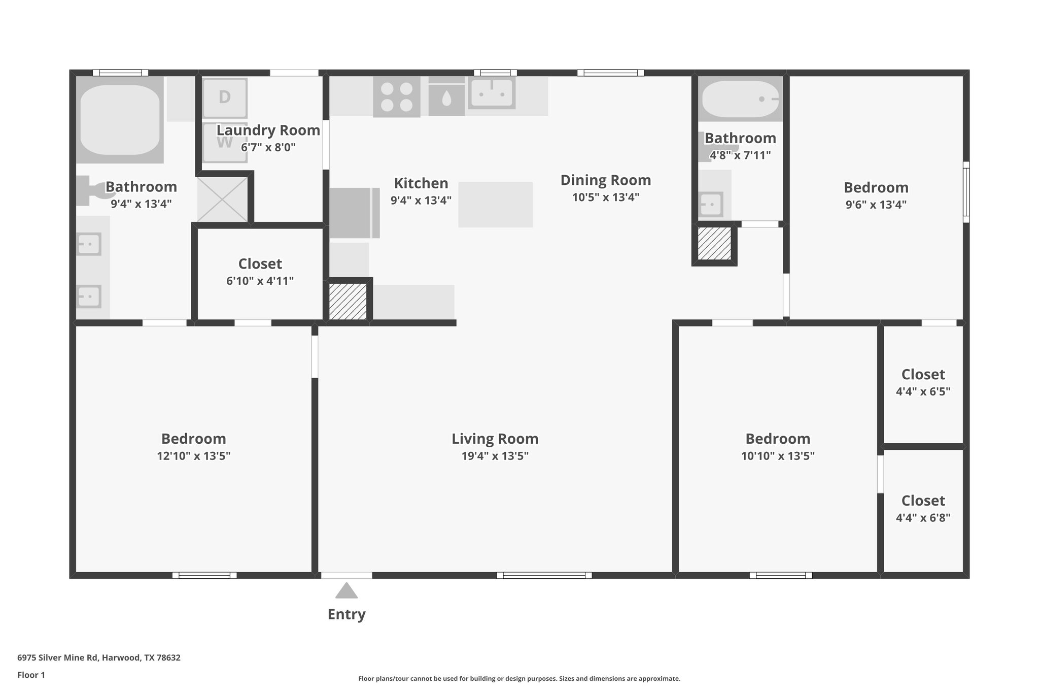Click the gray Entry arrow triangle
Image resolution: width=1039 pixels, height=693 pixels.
(x=347, y=590)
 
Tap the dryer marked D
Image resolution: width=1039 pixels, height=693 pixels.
(x=225, y=97)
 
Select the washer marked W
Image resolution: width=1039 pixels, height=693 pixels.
(x=225, y=143)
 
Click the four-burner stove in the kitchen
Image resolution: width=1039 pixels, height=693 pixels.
(x=397, y=97)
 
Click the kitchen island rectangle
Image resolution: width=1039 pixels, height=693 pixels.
(x=495, y=205)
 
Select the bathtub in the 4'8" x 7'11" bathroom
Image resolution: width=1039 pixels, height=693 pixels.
(x=740, y=99)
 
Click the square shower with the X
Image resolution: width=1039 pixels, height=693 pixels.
(x=222, y=200)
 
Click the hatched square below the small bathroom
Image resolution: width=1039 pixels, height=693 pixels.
(x=714, y=244)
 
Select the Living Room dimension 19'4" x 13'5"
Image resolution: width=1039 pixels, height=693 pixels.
(x=495, y=456)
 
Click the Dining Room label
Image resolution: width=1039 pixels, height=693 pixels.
(x=605, y=180)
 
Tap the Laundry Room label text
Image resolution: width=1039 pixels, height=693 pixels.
(x=268, y=130)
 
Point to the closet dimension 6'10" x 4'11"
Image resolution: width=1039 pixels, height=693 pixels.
(x=260, y=281)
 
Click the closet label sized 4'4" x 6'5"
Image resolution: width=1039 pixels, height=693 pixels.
(x=923, y=375)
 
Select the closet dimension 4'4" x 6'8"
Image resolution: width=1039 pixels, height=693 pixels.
(x=923, y=518)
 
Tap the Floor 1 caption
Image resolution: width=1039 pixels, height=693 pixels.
(x=31, y=675)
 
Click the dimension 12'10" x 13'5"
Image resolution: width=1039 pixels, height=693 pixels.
(x=193, y=456)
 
